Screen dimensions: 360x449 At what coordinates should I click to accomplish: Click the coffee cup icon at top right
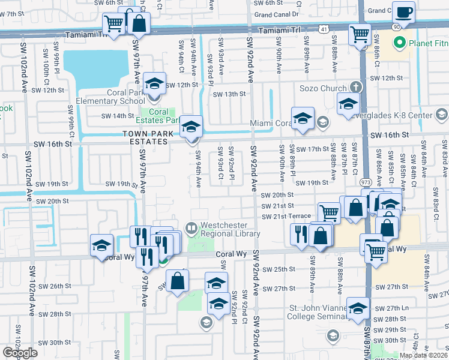point(403,13)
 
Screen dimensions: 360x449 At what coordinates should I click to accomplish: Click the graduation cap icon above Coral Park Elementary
point(154,83)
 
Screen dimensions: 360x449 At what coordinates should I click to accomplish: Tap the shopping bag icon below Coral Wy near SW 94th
point(178,280)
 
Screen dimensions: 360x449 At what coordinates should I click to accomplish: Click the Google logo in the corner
point(20,353)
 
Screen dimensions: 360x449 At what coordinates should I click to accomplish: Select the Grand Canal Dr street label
point(277,14)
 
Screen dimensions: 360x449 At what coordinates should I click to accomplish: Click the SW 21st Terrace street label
point(286,216)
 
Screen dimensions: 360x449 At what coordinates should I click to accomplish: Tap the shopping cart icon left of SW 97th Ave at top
point(113,24)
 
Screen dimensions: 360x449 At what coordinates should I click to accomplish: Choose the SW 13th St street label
point(231,94)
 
